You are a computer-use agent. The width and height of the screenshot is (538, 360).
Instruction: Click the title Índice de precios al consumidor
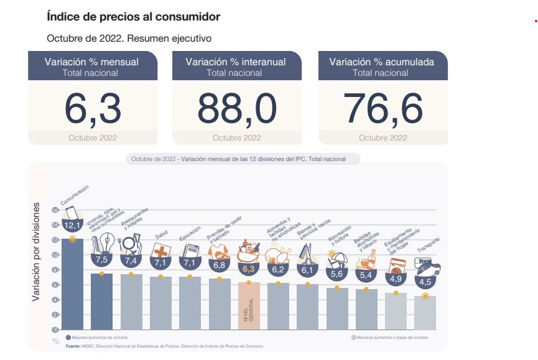pos(133,17)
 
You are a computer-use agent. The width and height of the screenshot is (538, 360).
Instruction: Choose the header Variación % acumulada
pos(381,62)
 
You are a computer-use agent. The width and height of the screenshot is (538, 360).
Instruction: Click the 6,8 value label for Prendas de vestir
pos(219,265)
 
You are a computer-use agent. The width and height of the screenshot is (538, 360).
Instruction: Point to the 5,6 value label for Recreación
pos(336,274)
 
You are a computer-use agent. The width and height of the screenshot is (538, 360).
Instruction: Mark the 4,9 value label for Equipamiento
pos(396,279)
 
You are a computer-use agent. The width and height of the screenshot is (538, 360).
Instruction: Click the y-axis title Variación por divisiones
pos(37,252)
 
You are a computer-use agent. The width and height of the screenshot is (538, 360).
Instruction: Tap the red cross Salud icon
pos(160,251)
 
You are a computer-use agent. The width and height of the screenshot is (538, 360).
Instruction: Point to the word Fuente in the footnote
pos(73,346)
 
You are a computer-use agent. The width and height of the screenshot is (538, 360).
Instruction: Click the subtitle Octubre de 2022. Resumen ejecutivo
pos(129,39)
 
